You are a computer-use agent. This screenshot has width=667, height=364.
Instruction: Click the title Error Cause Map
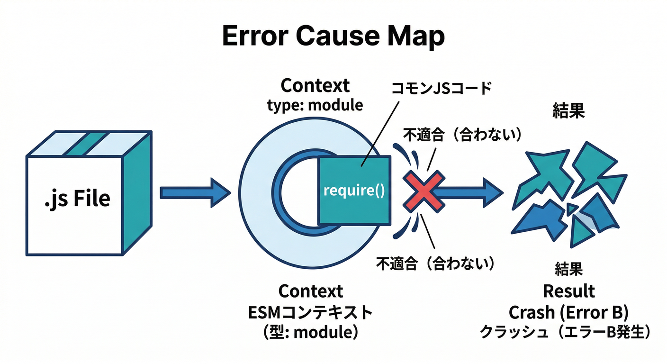click(333, 36)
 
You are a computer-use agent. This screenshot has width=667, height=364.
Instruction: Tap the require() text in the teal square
click(354, 191)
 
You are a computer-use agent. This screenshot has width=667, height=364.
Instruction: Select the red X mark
click(424, 191)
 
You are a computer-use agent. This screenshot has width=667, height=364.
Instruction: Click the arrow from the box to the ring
click(194, 192)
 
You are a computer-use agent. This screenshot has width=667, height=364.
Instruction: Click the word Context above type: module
click(315, 86)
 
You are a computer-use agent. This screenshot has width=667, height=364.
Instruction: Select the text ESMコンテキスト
click(310, 312)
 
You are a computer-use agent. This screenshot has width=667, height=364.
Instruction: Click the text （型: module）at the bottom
click(310, 333)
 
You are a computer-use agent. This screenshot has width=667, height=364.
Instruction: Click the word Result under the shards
click(568, 291)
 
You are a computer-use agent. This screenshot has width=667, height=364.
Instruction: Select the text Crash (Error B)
click(568, 312)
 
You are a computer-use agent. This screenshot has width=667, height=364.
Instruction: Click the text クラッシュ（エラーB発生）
click(565, 332)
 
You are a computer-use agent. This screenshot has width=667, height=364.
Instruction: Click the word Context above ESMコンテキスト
click(310, 291)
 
